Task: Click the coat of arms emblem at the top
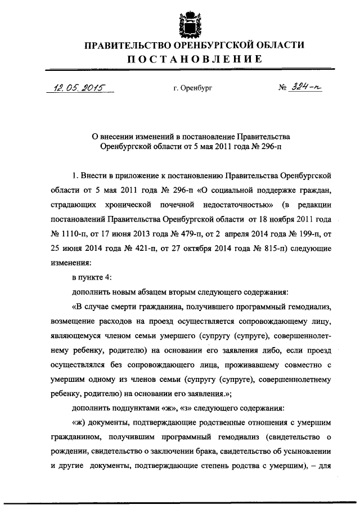pyautogui.click(x=186, y=21)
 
